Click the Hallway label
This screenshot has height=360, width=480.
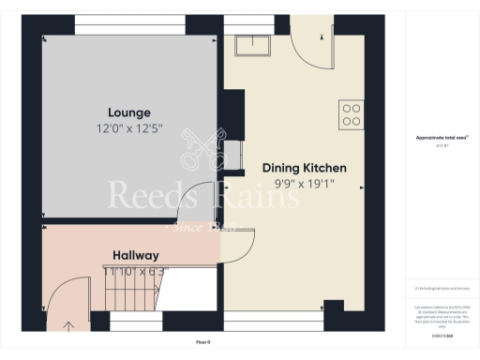click(136, 255)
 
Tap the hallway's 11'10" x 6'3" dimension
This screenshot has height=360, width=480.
click(136, 271)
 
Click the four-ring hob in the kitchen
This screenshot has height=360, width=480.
click(352, 114)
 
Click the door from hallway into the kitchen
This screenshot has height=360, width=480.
click(232, 246)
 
